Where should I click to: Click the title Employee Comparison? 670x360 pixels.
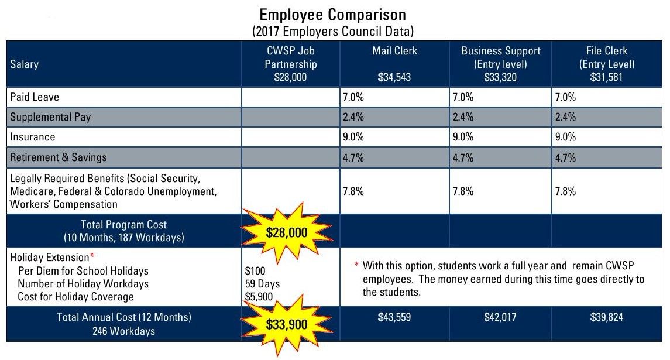pyautogui.click(x=332, y=15)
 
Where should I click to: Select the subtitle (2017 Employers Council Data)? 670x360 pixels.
pyautogui.click(x=333, y=31)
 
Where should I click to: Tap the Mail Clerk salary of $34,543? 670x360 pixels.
pyautogui.click(x=394, y=77)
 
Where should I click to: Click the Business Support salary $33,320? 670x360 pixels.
pyautogui.click(x=500, y=77)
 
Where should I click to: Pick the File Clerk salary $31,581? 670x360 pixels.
pyautogui.click(x=606, y=77)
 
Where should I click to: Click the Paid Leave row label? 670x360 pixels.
pyautogui.click(x=35, y=97)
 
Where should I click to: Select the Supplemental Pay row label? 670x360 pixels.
pyautogui.click(x=50, y=117)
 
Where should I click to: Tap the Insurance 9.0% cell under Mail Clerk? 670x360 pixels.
pyautogui.click(x=353, y=137)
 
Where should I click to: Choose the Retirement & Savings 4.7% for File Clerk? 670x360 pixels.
pyautogui.click(x=565, y=158)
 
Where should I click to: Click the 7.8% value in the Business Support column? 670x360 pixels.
pyautogui.click(x=463, y=191)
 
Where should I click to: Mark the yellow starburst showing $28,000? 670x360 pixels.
pyautogui.click(x=286, y=232)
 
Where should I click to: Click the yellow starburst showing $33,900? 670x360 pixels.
pyautogui.click(x=286, y=324)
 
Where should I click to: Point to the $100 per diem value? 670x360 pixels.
pyautogui.click(x=255, y=271)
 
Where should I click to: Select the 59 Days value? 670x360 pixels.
pyautogui.click(x=262, y=284)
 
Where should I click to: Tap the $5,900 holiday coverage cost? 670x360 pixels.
pyautogui.click(x=259, y=297)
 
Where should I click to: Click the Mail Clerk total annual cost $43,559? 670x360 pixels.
pyautogui.click(x=394, y=317)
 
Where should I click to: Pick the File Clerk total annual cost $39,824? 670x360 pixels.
pyautogui.click(x=606, y=317)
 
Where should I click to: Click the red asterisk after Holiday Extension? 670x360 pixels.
pyautogui.click(x=92, y=256)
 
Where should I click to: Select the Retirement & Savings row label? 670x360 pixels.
pyautogui.click(x=58, y=157)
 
